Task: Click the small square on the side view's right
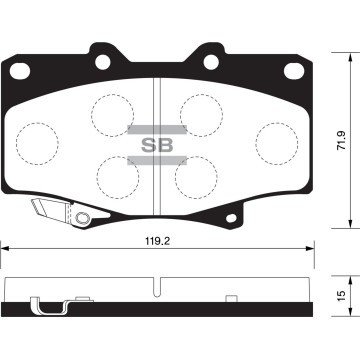pyautogui.click(x=233, y=297)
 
